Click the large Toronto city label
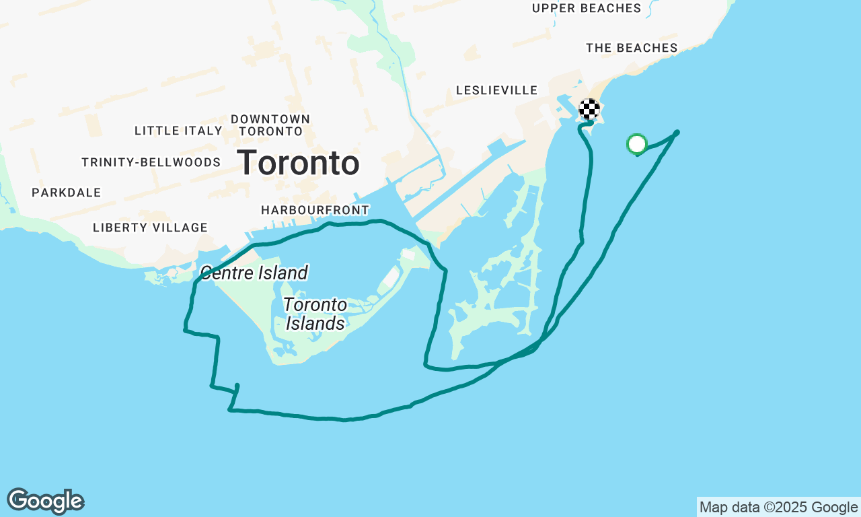(x=298, y=163)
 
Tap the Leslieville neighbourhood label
(x=496, y=90)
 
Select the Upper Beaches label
(x=587, y=8)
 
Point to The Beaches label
(x=632, y=48)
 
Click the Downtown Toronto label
(x=270, y=125)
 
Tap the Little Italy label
(x=178, y=131)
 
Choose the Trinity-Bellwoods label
(x=151, y=162)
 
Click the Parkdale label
(x=66, y=193)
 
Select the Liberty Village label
(x=150, y=228)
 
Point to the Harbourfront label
(x=315, y=211)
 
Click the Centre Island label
(x=254, y=273)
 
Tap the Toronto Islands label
(x=315, y=314)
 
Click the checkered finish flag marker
(x=589, y=108)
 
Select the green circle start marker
(x=636, y=143)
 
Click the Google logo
(x=45, y=502)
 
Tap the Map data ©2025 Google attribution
(x=778, y=508)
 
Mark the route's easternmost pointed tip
(x=677, y=133)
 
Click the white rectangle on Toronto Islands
(x=390, y=275)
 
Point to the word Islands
(x=315, y=324)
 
